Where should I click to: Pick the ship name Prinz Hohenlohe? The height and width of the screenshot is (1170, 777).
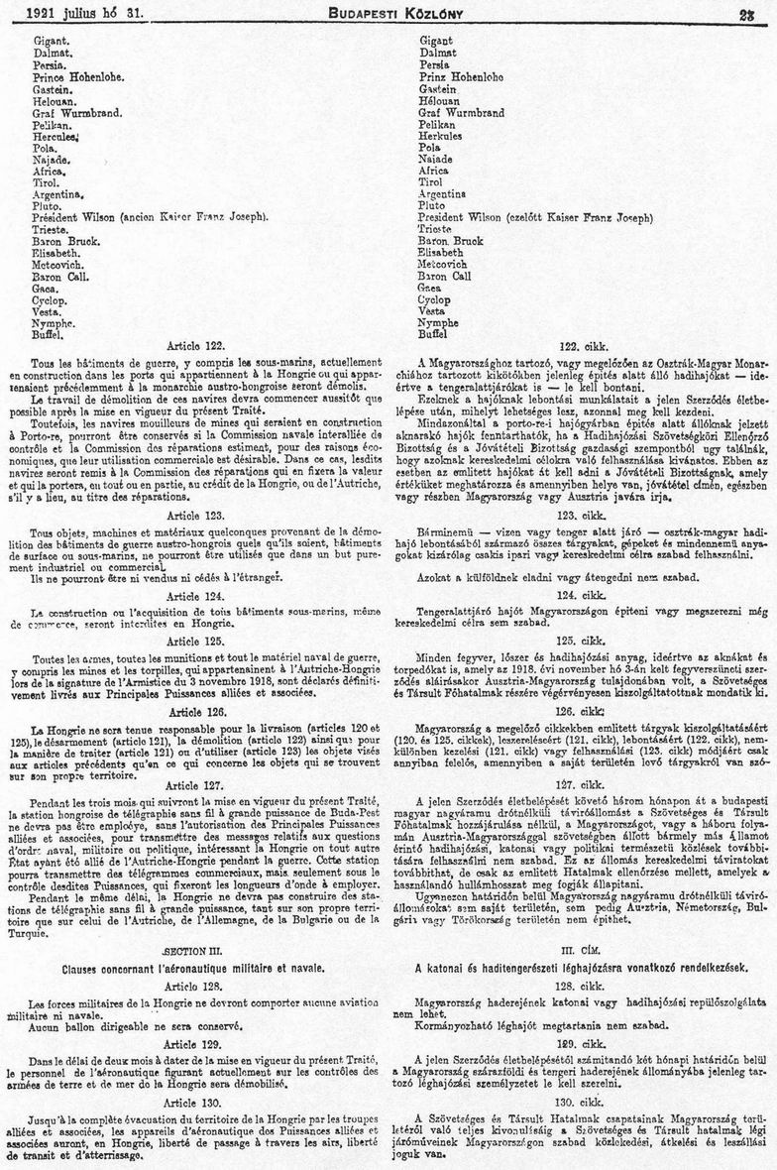click(x=461, y=76)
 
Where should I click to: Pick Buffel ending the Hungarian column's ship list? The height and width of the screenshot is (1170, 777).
click(x=435, y=334)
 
